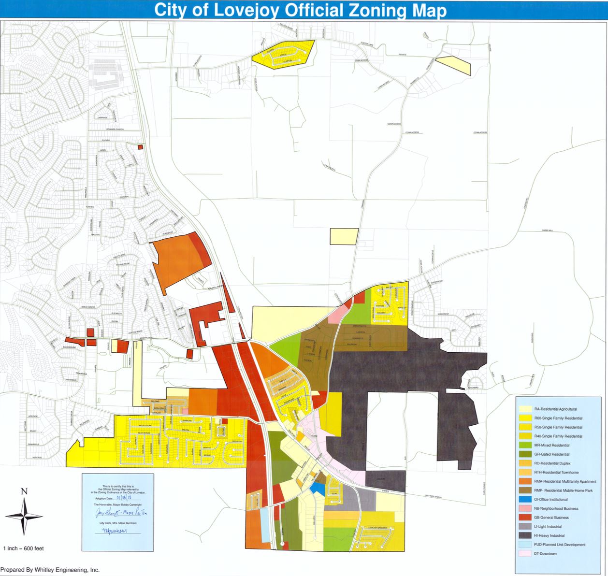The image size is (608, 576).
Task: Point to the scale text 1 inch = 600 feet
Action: pyautogui.click(x=24, y=548)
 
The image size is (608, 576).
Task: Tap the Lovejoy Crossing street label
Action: pyautogui.click(x=378, y=528)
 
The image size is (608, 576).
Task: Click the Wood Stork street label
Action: pyautogui.click(x=145, y=425)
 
